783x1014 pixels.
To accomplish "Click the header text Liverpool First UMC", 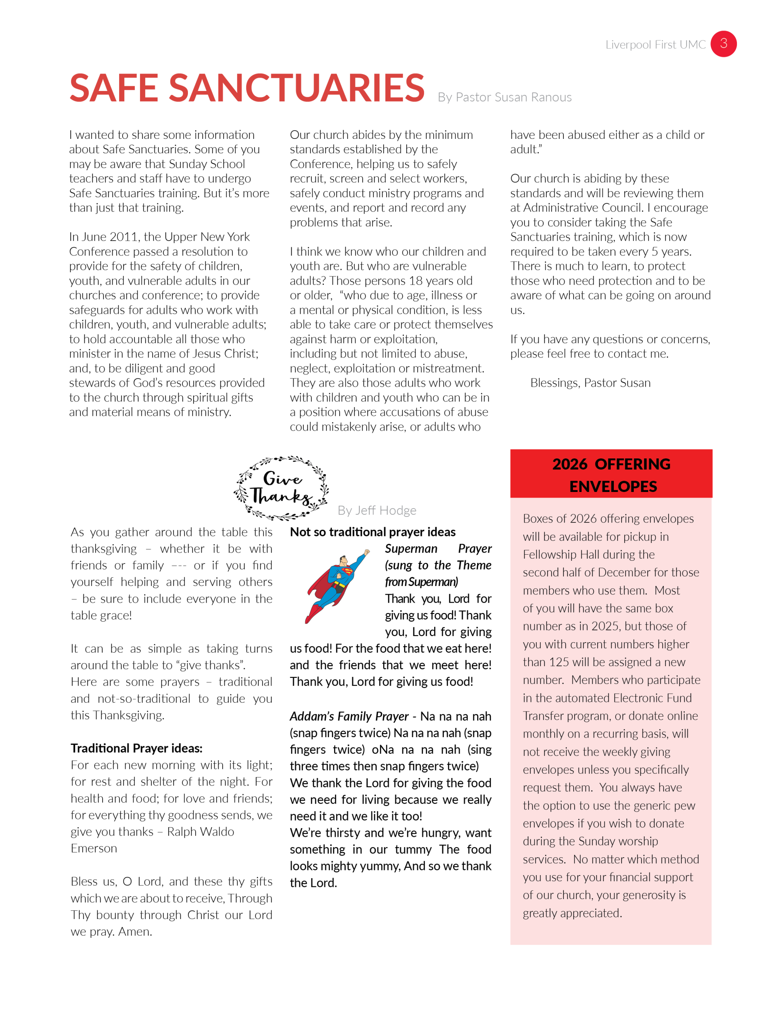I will pyautogui.click(x=655, y=45).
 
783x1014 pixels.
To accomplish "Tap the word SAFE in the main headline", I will pyautogui.click(x=114, y=88).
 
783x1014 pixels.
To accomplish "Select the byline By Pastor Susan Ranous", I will pyautogui.click(x=504, y=98).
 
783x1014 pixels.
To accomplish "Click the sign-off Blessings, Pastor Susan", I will pyautogui.click(x=590, y=383).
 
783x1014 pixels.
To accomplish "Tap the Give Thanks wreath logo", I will pyautogui.click(x=281, y=488).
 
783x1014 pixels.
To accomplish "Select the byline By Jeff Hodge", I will pyautogui.click(x=377, y=511).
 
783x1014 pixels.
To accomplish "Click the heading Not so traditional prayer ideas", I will pyautogui.click(x=372, y=532).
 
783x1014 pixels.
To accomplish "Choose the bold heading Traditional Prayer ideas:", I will pyautogui.click(x=137, y=748).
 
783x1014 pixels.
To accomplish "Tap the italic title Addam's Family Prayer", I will pyautogui.click(x=349, y=716).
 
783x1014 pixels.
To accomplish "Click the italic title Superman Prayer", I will pyautogui.click(x=438, y=549).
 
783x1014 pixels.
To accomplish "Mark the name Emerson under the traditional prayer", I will pyautogui.click(x=94, y=848).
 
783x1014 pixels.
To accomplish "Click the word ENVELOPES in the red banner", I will pyautogui.click(x=613, y=487).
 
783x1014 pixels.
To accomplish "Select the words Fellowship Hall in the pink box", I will pyautogui.click(x=589, y=555).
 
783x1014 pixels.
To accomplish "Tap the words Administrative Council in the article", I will pyautogui.click(x=582, y=208).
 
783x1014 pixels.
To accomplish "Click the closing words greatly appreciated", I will pyautogui.click(x=572, y=913).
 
